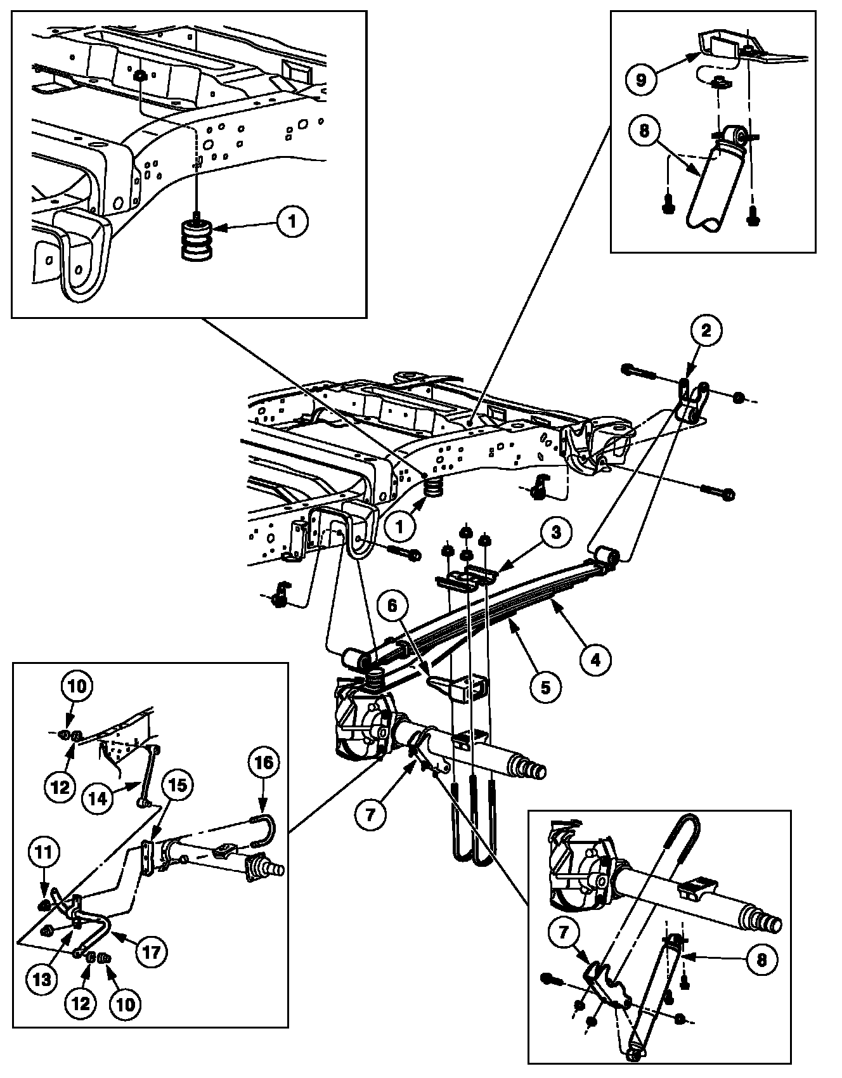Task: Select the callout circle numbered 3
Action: [556, 532]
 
